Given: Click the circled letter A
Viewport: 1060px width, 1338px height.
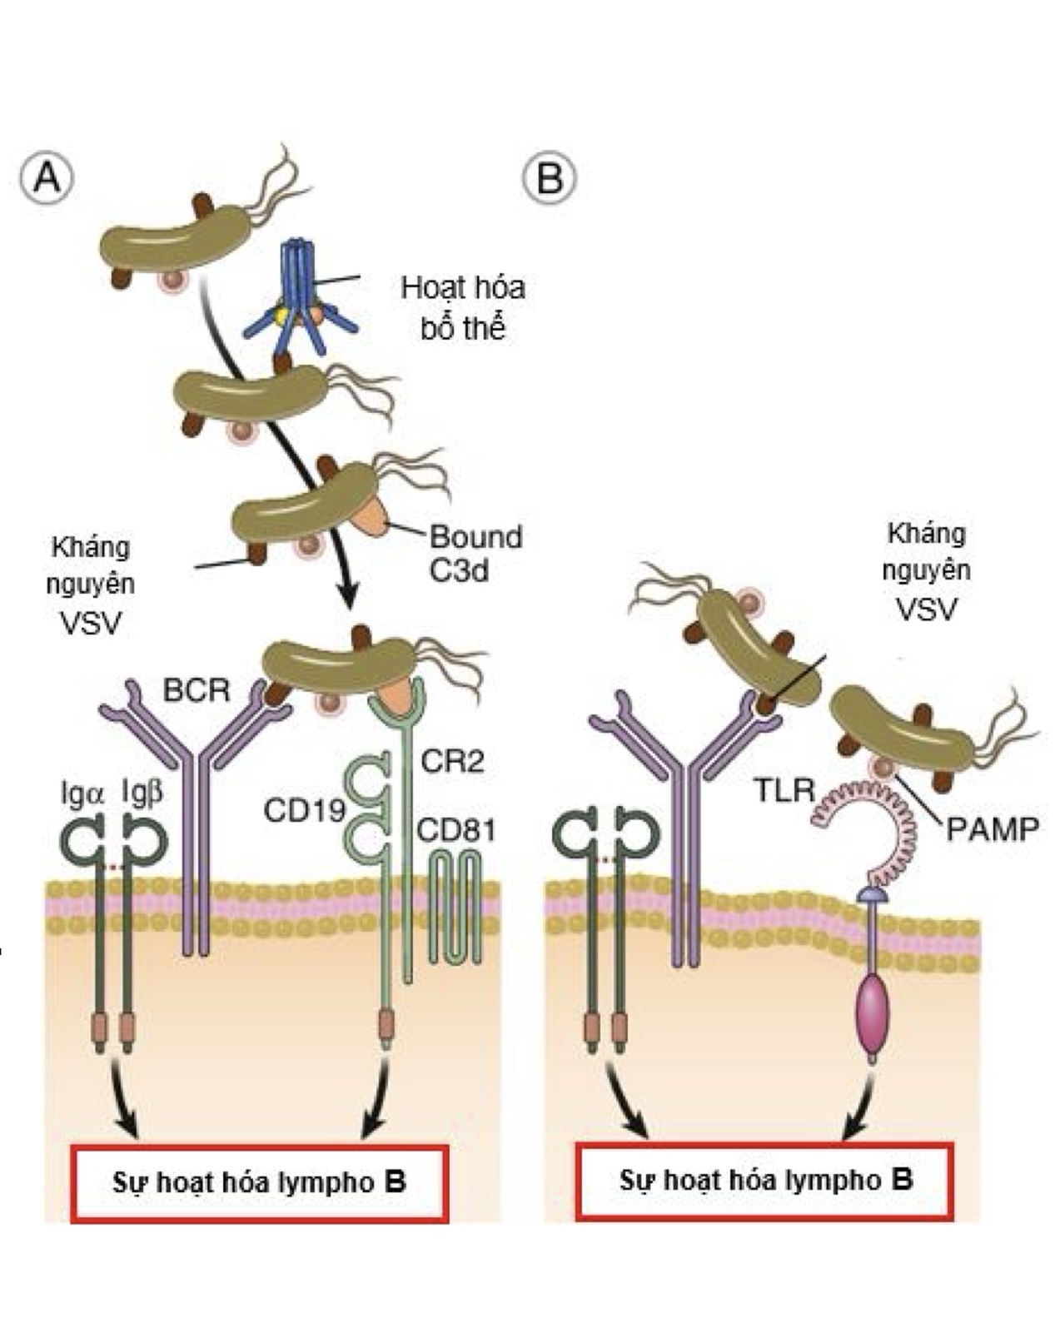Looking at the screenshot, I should (x=47, y=177).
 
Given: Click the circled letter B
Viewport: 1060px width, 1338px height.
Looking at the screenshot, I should (x=550, y=177).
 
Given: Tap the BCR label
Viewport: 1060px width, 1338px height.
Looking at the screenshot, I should (x=197, y=690).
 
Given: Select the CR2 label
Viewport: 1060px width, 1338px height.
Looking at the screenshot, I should (x=452, y=760).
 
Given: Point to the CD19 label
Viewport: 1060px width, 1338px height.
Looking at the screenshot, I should (x=304, y=809).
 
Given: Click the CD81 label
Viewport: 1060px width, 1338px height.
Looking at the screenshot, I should (x=455, y=830).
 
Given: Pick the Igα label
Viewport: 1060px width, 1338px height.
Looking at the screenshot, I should (x=82, y=794).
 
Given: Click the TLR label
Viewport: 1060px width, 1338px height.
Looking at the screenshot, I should (x=784, y=789).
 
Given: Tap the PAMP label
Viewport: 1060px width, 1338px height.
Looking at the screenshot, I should (x=992, y=828).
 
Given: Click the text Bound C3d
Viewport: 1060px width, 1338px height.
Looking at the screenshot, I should (x=475, y=554).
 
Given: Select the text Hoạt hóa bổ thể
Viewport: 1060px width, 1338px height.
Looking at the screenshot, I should (x=463, y=307).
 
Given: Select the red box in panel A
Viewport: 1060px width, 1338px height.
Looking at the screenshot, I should (x=260, y=1182).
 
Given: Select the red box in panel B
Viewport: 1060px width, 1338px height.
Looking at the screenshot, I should (x=764, y=1181).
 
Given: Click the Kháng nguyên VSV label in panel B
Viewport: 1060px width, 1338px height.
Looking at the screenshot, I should (x=926, y=571).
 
